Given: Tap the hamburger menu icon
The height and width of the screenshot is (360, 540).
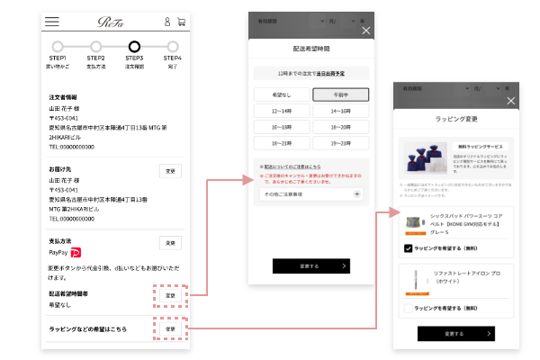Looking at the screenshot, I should pos(52,21).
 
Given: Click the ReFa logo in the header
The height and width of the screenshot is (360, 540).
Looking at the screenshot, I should pos(114,21).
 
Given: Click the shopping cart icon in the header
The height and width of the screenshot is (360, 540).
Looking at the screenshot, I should pos(181,22).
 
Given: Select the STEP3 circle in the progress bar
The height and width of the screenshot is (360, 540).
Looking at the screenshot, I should pos(135,47).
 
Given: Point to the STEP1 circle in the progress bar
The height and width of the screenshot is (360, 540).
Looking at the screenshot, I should pos(58,47).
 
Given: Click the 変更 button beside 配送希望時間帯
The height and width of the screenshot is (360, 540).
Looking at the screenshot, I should pos(170,294).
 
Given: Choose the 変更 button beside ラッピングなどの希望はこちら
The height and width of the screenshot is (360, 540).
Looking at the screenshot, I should pos(170,328).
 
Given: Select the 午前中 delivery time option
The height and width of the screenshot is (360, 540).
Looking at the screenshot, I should pos(340,94).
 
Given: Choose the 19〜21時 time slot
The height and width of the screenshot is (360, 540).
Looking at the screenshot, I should pos(340,142).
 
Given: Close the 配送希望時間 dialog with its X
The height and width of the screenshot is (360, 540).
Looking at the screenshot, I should pos(365,31).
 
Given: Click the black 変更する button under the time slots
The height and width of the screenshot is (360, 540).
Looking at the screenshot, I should pos(311,265).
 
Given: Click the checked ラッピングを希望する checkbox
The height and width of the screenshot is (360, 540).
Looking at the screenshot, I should pos(409,247).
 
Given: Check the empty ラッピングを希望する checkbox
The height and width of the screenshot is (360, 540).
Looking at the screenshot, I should pos(409,308).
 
